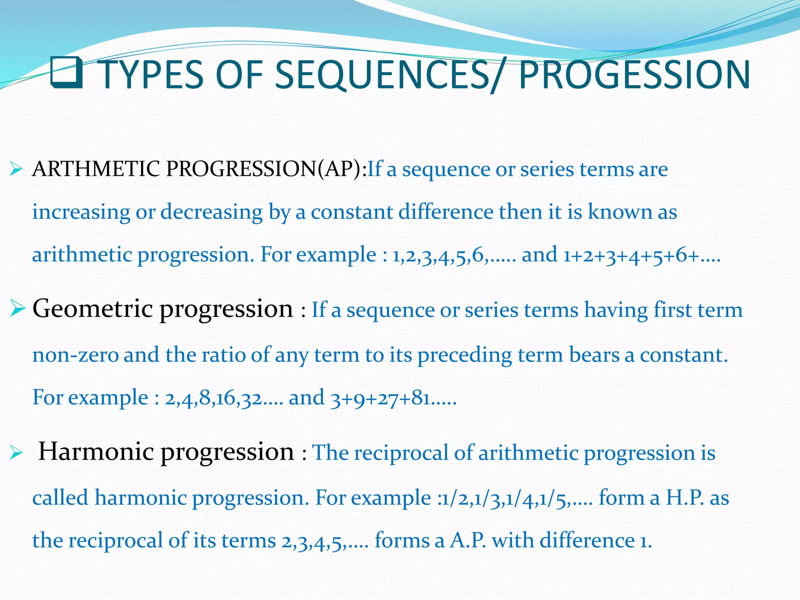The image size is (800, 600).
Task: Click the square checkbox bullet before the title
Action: click(66, 73)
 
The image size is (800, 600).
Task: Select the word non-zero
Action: click(75, 355)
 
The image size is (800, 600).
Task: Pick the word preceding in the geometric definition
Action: click(465, 355)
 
